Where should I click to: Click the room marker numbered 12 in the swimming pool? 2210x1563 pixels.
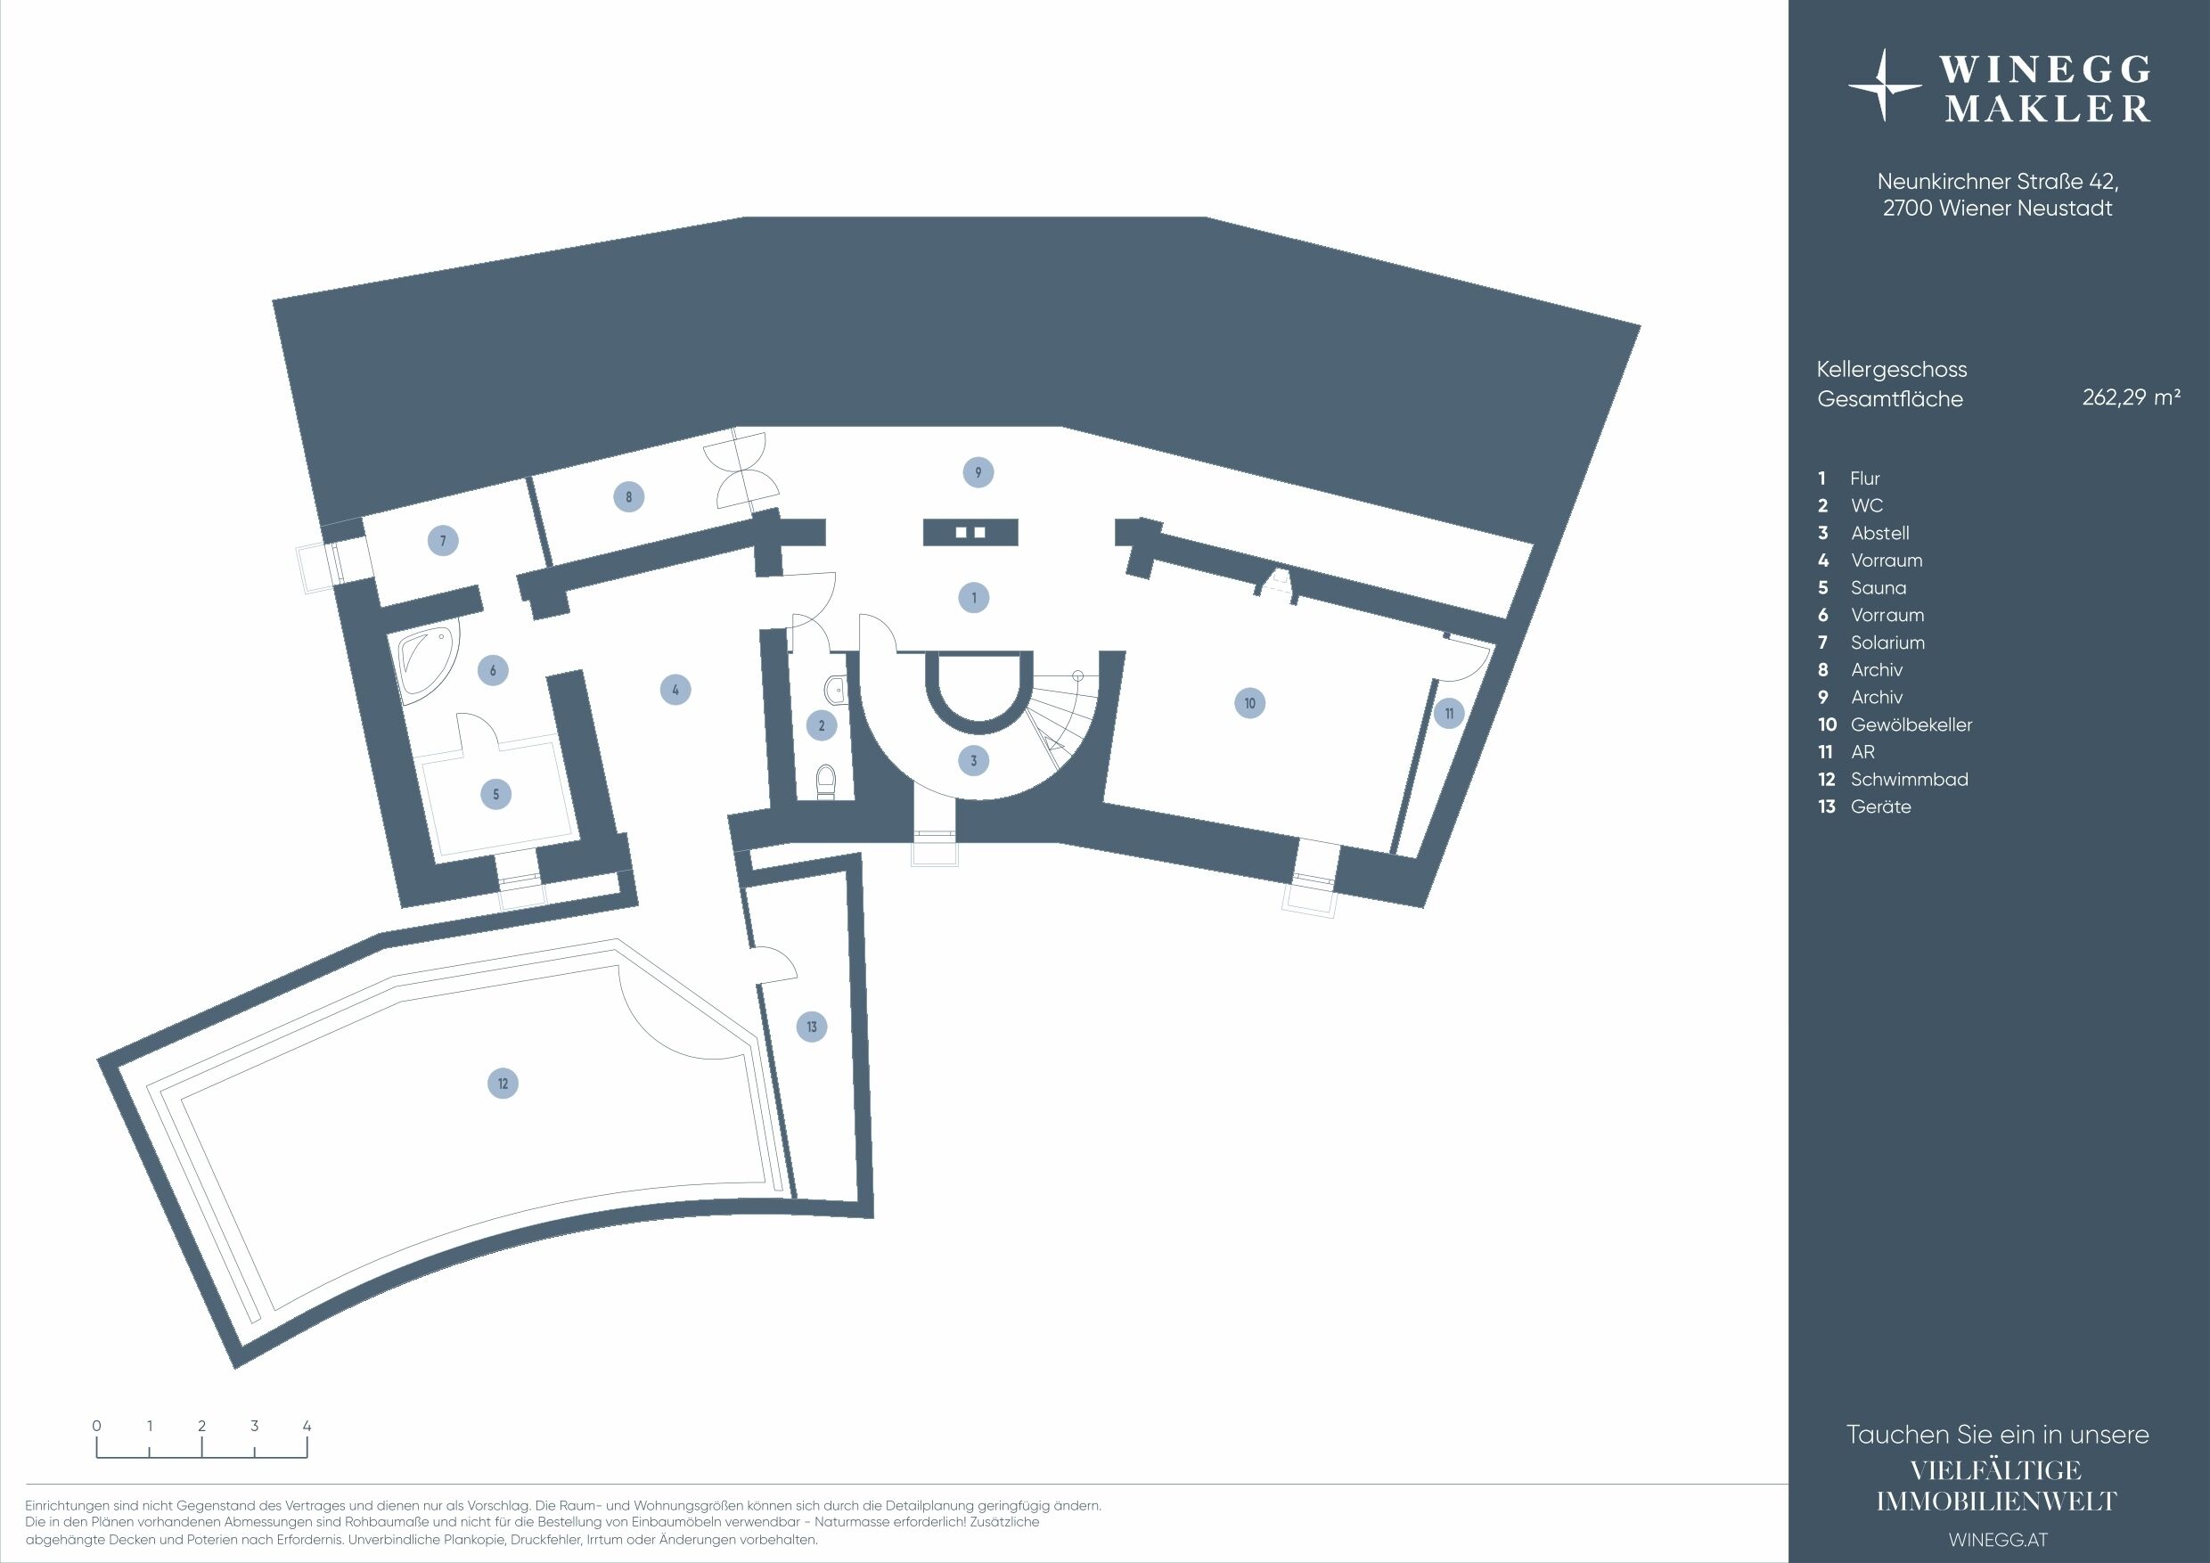click(x=503, y=1084)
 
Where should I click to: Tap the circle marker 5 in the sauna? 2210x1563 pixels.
click(x=495, y=794)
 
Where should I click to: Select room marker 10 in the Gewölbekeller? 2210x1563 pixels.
click(x=1249, y=704)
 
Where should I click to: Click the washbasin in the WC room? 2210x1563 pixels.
click(x=834, y=688)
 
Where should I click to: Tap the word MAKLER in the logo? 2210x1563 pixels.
click(x=2047, y=109)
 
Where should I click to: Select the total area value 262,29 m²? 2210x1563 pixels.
click(x=2131, y=397)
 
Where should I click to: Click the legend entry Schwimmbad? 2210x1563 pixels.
click(x=1909, y=780)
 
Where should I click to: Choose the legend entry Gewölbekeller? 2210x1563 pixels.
click(x=1911, y=724)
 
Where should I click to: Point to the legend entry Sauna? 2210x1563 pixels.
click(x=1878, y=588)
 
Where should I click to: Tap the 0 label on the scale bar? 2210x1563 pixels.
click(x=97, y=1427)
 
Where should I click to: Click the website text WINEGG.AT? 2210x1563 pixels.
click(x=1998, y=1540)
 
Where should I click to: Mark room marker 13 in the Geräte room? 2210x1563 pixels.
click(x=812, y=1027)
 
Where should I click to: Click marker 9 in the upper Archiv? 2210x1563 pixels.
click(x=978, y=472)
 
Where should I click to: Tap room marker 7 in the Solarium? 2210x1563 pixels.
click(x=443, y=541)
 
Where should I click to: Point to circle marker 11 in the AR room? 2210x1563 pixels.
click(x=1449, y=714)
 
